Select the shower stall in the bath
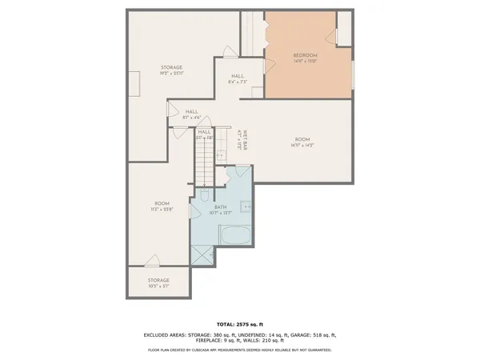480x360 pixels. [201, 253]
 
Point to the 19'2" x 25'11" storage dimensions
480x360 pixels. [173, 74]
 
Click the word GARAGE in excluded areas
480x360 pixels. [299, 334]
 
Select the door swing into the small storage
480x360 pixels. [152, 260]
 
